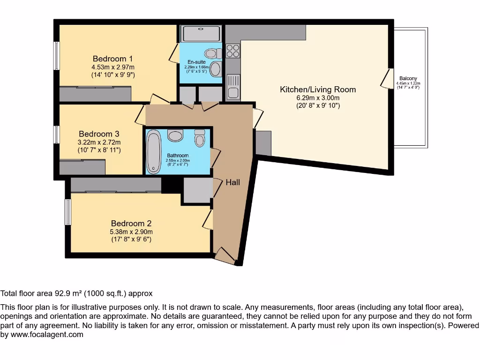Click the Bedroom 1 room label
click(x=112, y=59)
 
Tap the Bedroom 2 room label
click(x=131, y=224)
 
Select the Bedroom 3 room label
click(x=99, y=134)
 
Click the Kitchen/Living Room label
click(x=318, y=89)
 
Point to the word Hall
click(x=233, y=182)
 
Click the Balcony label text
click(x=408, y=79)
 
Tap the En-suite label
click(x=196, y=62)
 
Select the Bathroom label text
click(x=178, y=156)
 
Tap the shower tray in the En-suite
click(x=201, y=34)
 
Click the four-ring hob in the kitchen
click(x=233, y=51)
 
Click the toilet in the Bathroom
click(x=200, y=138)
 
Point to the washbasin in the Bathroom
click(x=175, y=136)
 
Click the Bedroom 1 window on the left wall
click(x=56, y=56)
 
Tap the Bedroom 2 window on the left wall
click(x=68, y=212)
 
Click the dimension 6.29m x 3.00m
click(x=318, y=98)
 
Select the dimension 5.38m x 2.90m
click(x=131, y=232)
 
